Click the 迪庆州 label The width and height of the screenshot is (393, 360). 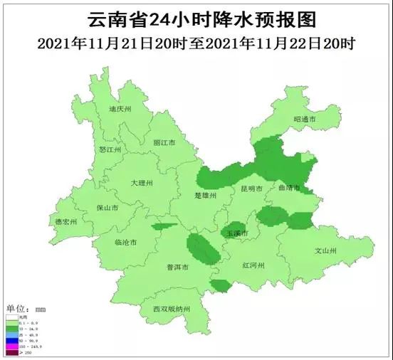[120, 110]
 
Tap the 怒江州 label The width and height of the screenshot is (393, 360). [110, 150]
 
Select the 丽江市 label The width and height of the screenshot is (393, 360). [164, 142]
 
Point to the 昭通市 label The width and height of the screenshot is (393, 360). [304, 119]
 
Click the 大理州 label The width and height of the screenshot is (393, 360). [142, 183]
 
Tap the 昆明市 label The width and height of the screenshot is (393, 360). [250, 189]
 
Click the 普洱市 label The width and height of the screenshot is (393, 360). [177, 268]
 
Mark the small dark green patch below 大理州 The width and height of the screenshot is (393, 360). [164, 226]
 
